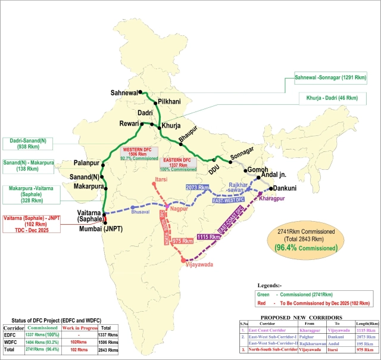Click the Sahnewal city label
point(124,92)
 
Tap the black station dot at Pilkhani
point(156,103)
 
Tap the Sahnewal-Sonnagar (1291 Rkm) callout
point(330,78)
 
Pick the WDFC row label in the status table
point(10,343)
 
